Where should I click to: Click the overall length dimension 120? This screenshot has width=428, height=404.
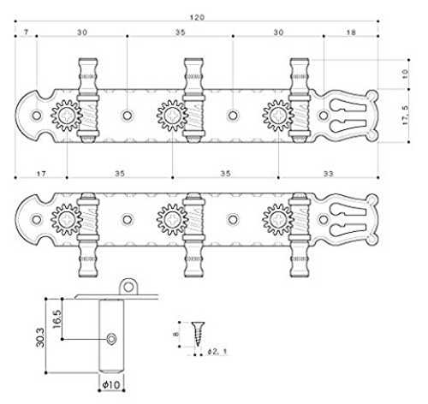(197, 17)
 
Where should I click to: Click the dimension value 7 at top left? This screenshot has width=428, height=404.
(26, 32)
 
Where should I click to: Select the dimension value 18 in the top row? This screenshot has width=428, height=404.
(351, 33)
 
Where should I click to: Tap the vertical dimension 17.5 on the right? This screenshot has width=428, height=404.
(405, 115)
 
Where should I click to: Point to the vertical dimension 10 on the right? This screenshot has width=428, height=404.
(405, 74)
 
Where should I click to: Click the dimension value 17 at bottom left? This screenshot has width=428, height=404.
(41, 174)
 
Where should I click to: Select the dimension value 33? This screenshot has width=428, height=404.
(328, 174)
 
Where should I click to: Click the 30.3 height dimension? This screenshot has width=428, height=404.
(40, 337)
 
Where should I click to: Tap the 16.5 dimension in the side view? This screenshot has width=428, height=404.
(56, 318)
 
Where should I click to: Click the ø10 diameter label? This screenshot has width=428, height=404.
(111, 385)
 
